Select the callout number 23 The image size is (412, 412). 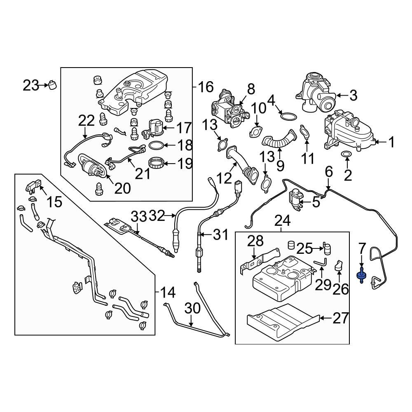click(30, 86)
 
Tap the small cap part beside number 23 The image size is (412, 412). click(52, 84)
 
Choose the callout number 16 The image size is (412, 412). click(206, 87)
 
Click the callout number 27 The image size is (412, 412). click(341, 318)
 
